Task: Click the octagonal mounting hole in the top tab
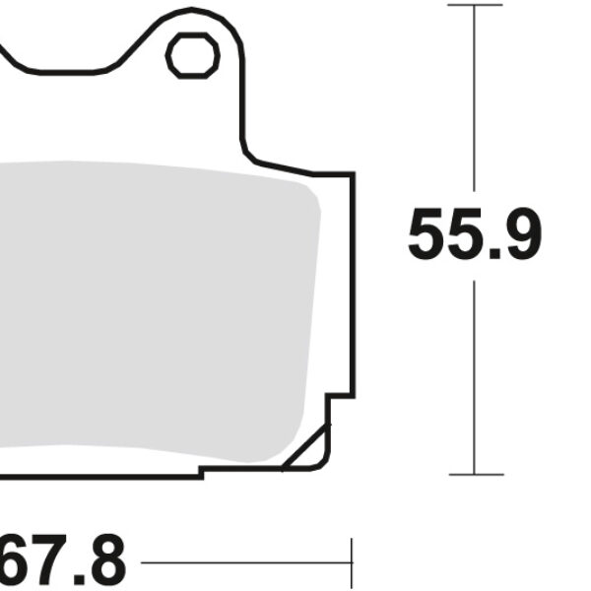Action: [x=192, y=56]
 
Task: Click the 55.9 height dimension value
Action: [x=475, y=235]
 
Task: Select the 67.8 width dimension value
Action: [x=64, y=562]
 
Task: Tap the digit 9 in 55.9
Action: [x=520, y=235]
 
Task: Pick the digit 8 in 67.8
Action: [x=105, y=562]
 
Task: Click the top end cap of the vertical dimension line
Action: [x=475, y=5]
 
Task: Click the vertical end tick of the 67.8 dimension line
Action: [x=351, y=562]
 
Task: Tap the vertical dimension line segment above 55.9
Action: [x=475, y=98]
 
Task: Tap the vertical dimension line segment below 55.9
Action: [x=475, y=374]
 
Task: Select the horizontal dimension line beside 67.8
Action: [x=246, y=562]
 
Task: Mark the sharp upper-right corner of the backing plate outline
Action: [x=352, y=174]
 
